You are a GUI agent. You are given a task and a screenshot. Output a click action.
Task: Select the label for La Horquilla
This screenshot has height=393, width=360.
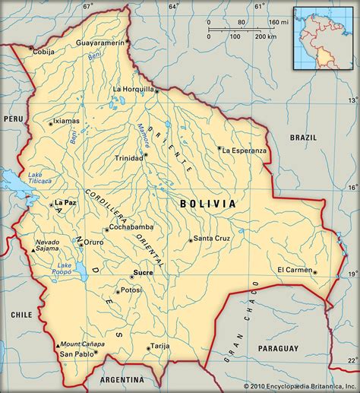coord(133,89)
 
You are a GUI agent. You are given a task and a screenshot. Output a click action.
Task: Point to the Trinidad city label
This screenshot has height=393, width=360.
coord(128,158)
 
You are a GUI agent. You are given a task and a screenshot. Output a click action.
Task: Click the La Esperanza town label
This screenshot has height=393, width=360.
coord(245,150)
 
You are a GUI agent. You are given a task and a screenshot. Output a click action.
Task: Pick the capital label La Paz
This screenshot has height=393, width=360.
coord(66,203)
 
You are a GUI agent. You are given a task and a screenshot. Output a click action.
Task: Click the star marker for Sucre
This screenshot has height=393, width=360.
coord(131,277)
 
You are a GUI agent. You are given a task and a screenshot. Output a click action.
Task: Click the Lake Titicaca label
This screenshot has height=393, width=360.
coord(39,176)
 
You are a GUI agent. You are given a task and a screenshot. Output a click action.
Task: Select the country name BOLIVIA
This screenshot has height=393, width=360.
coord(208,204)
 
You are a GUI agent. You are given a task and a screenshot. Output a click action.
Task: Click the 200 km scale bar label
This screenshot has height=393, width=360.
coord(266,36)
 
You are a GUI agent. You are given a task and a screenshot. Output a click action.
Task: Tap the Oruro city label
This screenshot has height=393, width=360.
coord(93,242)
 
